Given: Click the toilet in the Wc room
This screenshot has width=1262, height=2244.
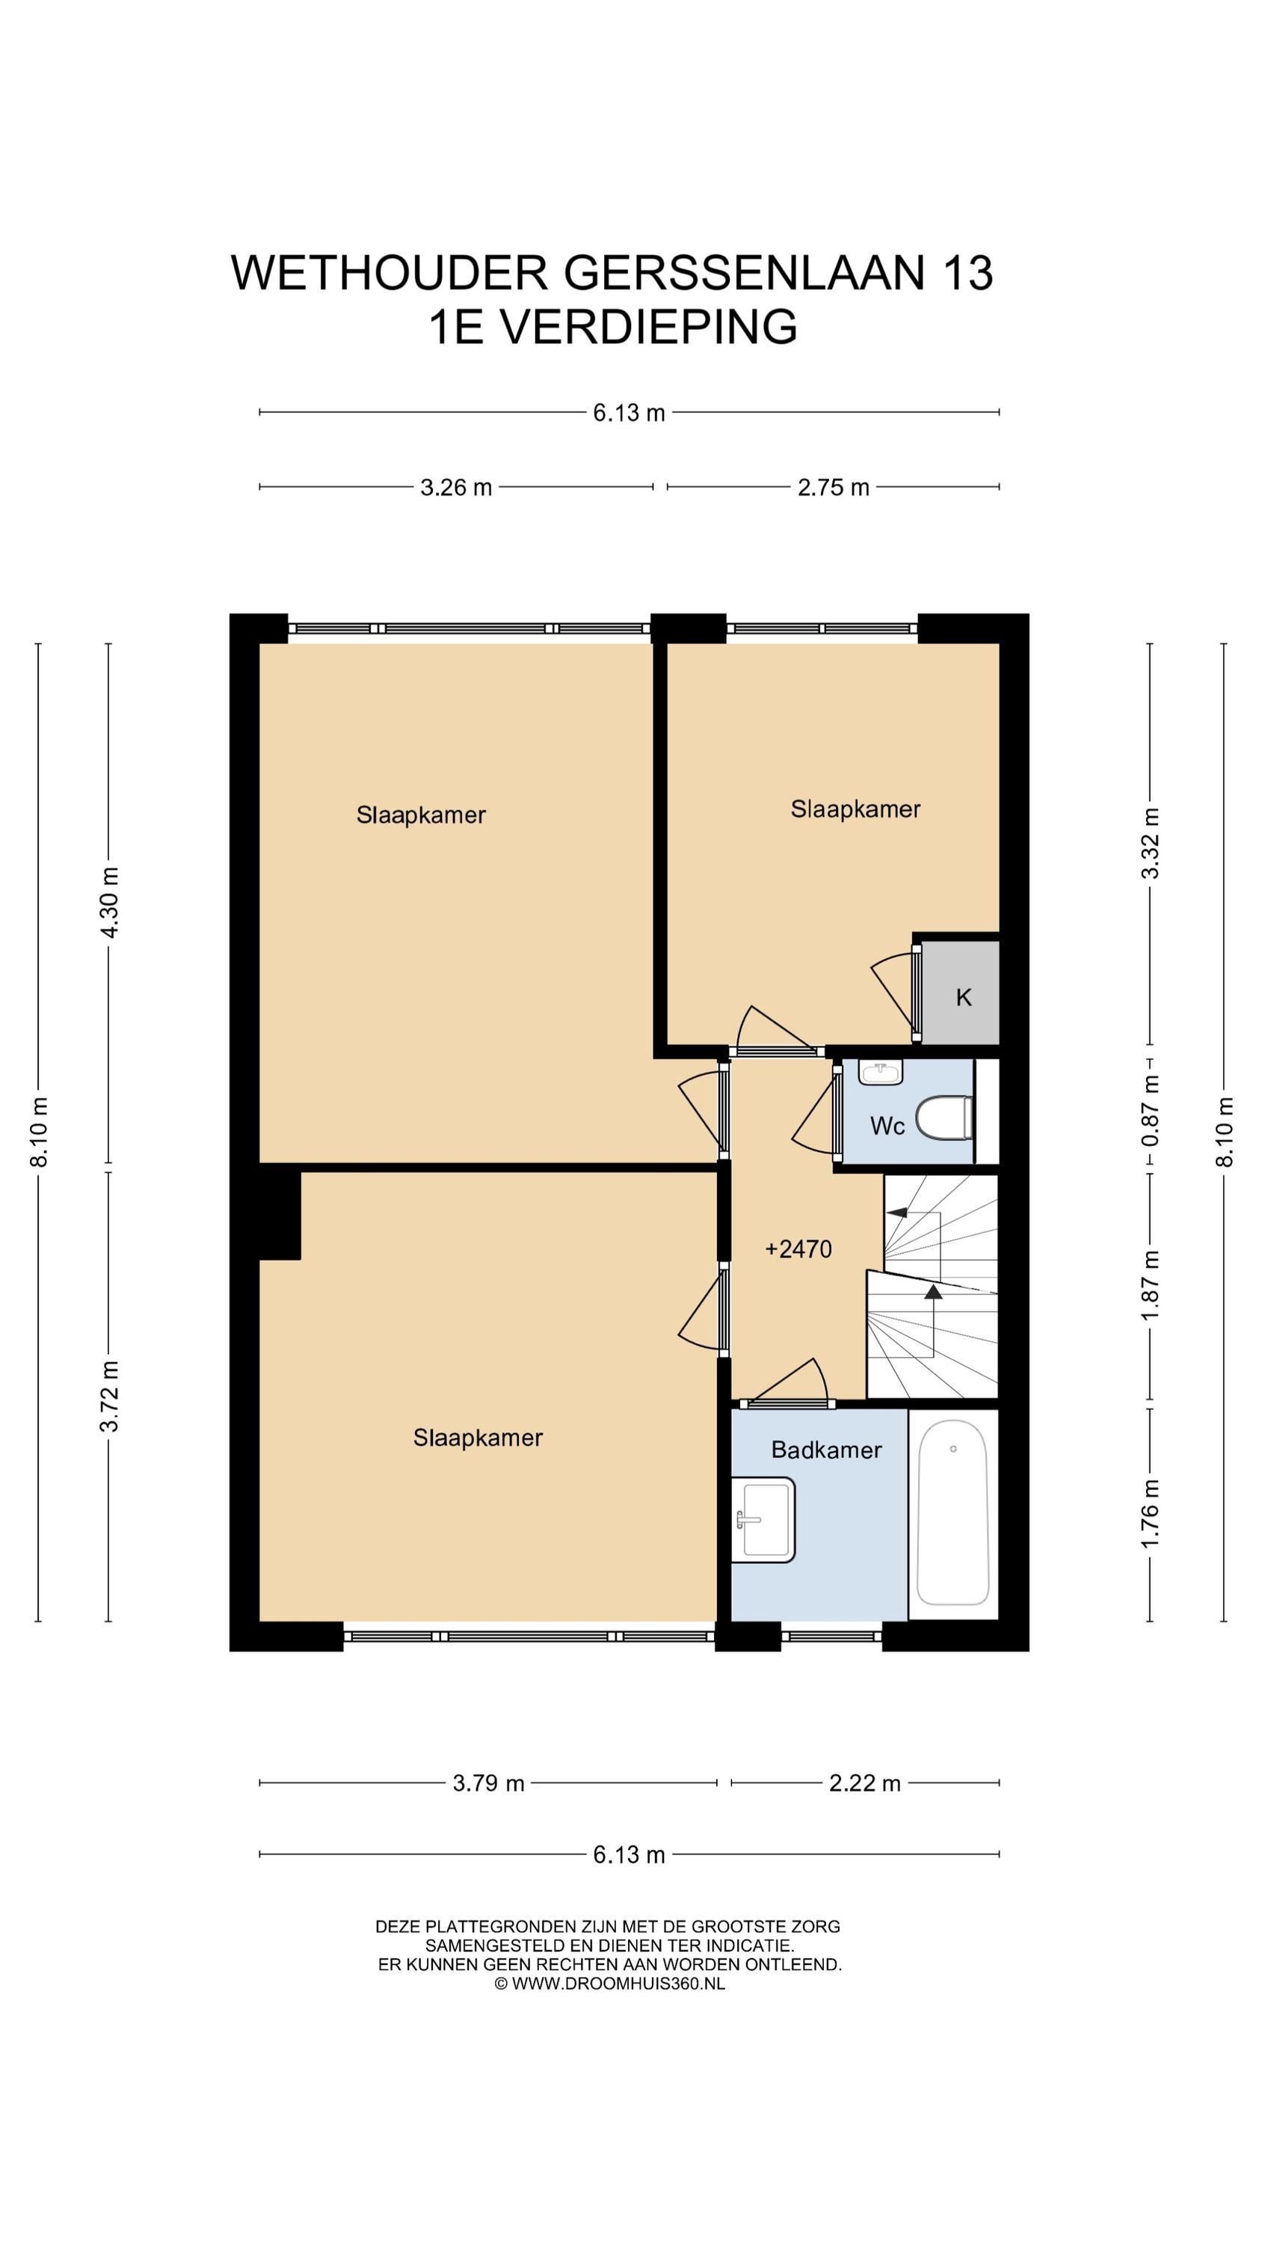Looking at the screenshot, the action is click(x=944, y=1118).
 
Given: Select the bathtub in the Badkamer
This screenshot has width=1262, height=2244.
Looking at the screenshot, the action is click(x=952, y=1513).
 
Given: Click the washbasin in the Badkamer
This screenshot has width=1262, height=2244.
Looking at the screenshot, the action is click(x=763, y=1520).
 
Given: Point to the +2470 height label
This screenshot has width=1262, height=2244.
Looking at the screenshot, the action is click(x=798, y=1249).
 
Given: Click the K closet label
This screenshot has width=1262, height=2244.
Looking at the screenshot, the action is click(x=963, y=997).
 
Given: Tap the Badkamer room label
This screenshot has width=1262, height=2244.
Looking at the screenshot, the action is click(x=827, y=1450).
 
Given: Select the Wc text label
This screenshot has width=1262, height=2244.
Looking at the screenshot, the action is click(x=887, y=1126).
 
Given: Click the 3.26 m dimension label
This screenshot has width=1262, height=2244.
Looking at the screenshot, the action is click(x=456, y=487).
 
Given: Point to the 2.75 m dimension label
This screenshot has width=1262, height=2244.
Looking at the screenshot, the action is click(x=834, y=487).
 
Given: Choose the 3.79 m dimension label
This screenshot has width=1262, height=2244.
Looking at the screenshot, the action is click(x=489, y=1783).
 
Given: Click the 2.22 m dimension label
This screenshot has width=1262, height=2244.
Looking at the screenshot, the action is click(x=865, y=1783).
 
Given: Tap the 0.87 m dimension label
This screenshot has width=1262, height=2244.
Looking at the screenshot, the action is click(x=1151, y=1111).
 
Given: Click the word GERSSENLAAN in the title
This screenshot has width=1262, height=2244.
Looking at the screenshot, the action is click(x=744, y=273).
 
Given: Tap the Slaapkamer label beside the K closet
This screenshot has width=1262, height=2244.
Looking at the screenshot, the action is click(x=855, y=809).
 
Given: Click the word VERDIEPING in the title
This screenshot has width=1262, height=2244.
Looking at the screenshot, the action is click(x=649, y=327).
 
